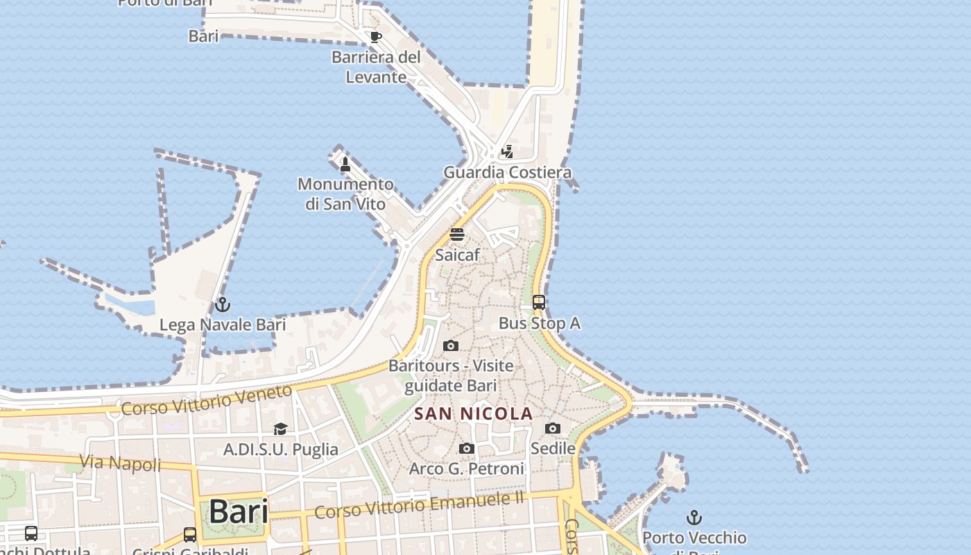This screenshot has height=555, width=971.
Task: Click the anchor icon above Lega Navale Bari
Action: [x=222, y=305]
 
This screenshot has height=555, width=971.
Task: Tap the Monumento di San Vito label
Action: [x=345, y=194]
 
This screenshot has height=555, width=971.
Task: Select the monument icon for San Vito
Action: [x=345, y=164]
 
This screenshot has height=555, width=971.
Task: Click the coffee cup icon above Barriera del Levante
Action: [x=375, y=37]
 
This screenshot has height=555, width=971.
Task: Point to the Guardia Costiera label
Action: [x=508, y=172]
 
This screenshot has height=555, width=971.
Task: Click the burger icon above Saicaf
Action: [x=456, y=234]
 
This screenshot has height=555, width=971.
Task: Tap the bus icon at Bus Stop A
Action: [x=539, y=302]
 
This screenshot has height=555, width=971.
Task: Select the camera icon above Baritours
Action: [x=451, y=345]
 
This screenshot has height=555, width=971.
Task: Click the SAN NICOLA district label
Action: [x=474, y=414]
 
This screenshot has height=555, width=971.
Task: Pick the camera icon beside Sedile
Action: [x=552, y=428]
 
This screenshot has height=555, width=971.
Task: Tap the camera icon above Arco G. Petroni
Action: [x=467, y=449]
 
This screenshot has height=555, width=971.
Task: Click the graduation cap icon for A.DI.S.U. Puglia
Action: [x=280, y=429]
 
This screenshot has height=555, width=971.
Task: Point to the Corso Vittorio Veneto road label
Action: [x=207, y=400]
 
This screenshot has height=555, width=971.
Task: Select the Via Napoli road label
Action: [x=120, y=463]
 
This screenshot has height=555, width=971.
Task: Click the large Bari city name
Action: [x=238, y=512]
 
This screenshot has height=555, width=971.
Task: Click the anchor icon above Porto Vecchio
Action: [x=694, y=518]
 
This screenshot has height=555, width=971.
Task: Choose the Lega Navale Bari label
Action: [x=223, y=325]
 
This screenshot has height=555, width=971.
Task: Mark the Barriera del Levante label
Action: [x=376, y=67]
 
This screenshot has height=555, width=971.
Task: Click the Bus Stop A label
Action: [x=540, y=323]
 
